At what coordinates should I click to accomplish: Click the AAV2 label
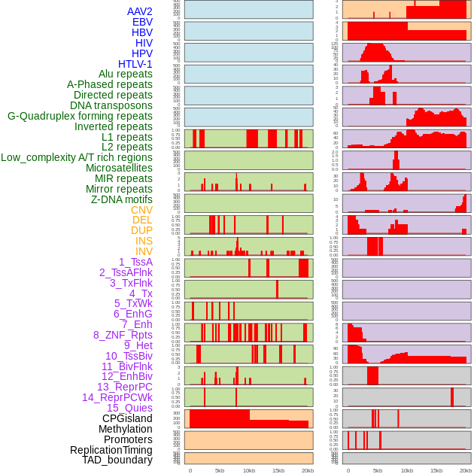(140, 12)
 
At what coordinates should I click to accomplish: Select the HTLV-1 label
(135, 64)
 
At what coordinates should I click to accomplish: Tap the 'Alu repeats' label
(126, 74)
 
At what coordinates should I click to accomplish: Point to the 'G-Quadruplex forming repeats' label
(80, 116)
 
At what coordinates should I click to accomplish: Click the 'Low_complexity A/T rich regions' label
(77, 157)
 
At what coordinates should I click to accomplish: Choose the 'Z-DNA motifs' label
(122, 199)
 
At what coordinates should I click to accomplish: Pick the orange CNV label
(141, 210)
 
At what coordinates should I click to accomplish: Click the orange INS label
(144, 241)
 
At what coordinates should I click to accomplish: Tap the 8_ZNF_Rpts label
(123, 335)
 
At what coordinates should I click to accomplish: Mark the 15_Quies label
(129, 408)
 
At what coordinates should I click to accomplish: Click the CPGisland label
(127, 418)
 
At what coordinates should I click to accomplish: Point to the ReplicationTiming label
(111, 450)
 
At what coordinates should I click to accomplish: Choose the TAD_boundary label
(117, 460)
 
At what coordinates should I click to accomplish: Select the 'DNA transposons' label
(111, 105)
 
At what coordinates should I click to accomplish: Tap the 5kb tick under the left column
(220, 470)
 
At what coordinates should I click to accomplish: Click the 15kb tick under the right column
(436, 470)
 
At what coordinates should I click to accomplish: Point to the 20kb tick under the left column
(308, 470)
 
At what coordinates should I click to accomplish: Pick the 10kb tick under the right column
(407, 470)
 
